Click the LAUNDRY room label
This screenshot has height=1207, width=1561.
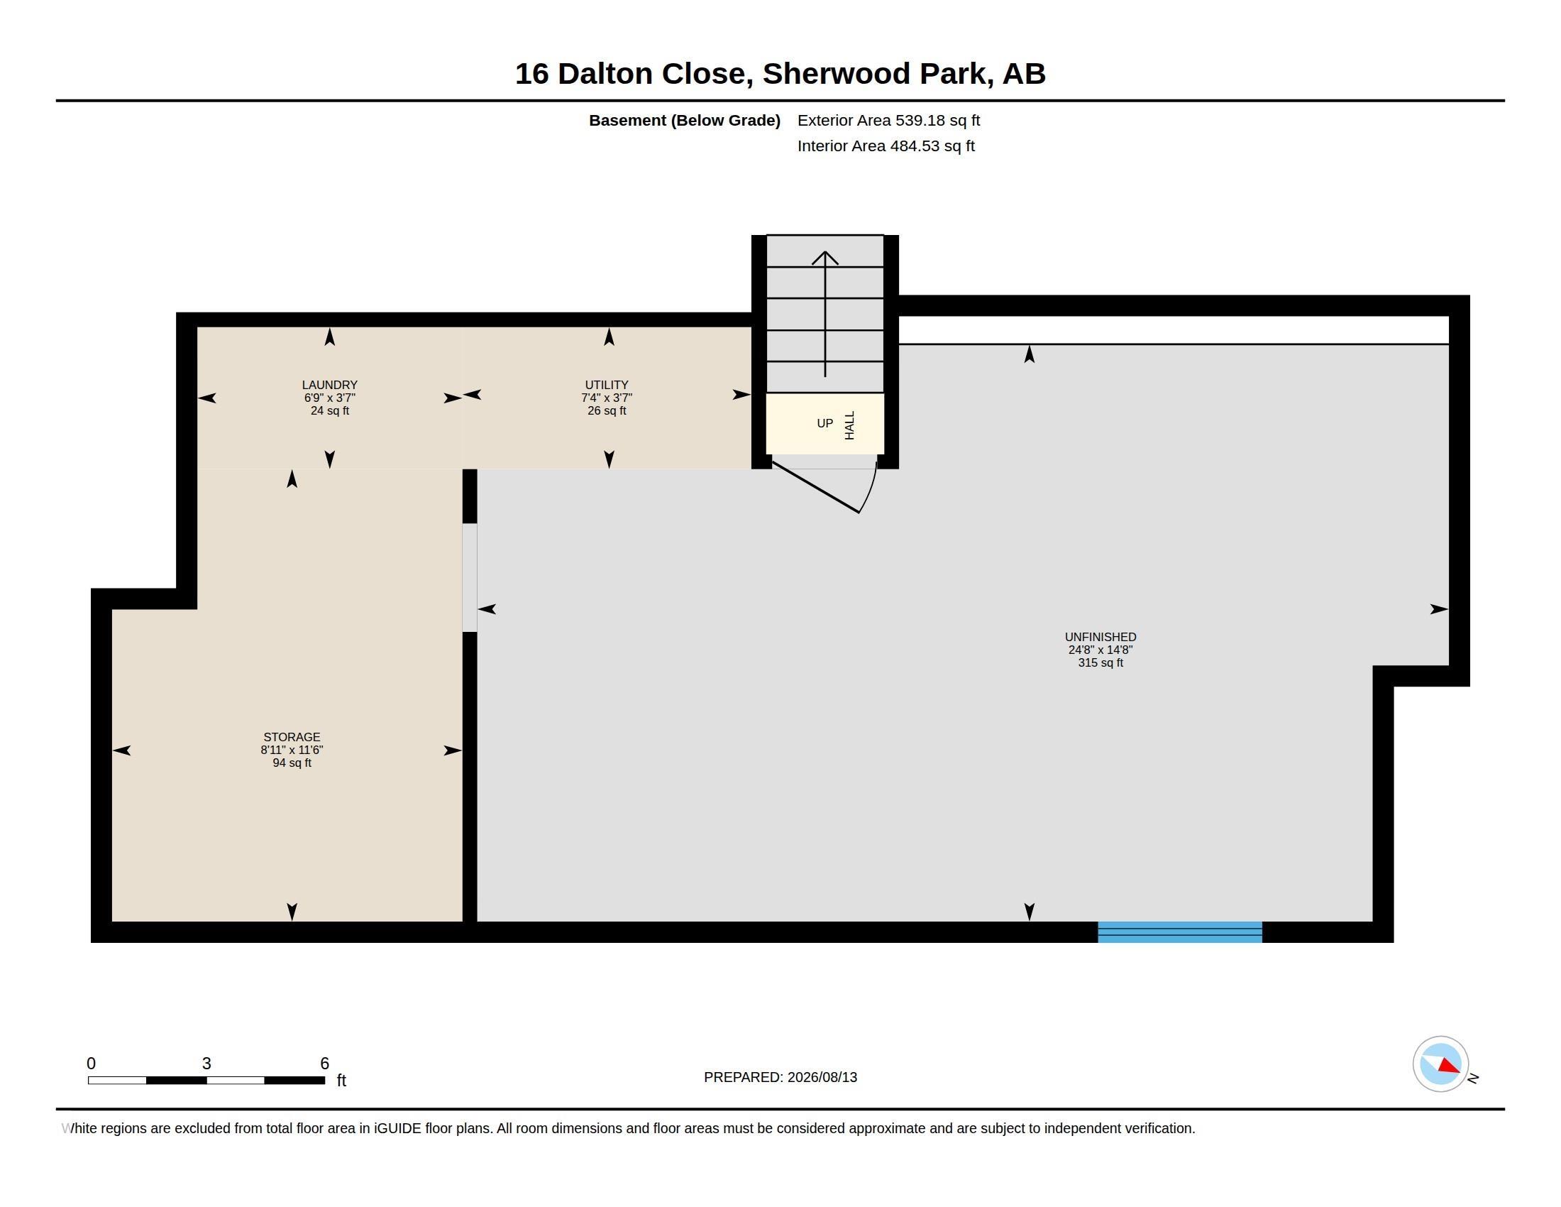329,385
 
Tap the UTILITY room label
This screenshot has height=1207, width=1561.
607,385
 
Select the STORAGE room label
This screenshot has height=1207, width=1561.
292,737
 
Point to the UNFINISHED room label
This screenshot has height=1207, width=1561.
1101,637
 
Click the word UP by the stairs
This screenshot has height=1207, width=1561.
824,423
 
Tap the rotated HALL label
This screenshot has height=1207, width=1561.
850,425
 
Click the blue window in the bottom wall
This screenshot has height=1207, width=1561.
1180,932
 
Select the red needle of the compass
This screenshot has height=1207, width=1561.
1450,1066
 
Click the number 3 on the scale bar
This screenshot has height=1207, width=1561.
206,1064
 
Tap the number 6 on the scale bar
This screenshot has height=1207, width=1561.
324,1064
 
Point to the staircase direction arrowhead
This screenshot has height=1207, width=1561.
824,258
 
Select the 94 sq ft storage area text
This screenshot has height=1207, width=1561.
292,763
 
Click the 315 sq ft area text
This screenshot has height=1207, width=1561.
1101,663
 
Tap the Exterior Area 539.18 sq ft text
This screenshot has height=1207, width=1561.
888,120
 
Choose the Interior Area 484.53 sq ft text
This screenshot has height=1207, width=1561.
886,146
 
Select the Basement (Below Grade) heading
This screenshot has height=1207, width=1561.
685,120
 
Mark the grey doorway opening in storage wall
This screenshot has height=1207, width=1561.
470,578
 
